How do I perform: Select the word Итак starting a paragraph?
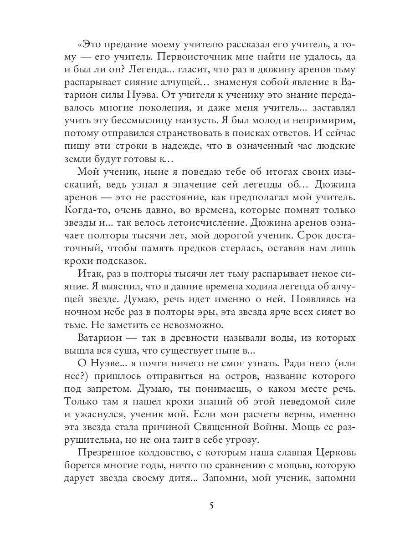tap(92, 275)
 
